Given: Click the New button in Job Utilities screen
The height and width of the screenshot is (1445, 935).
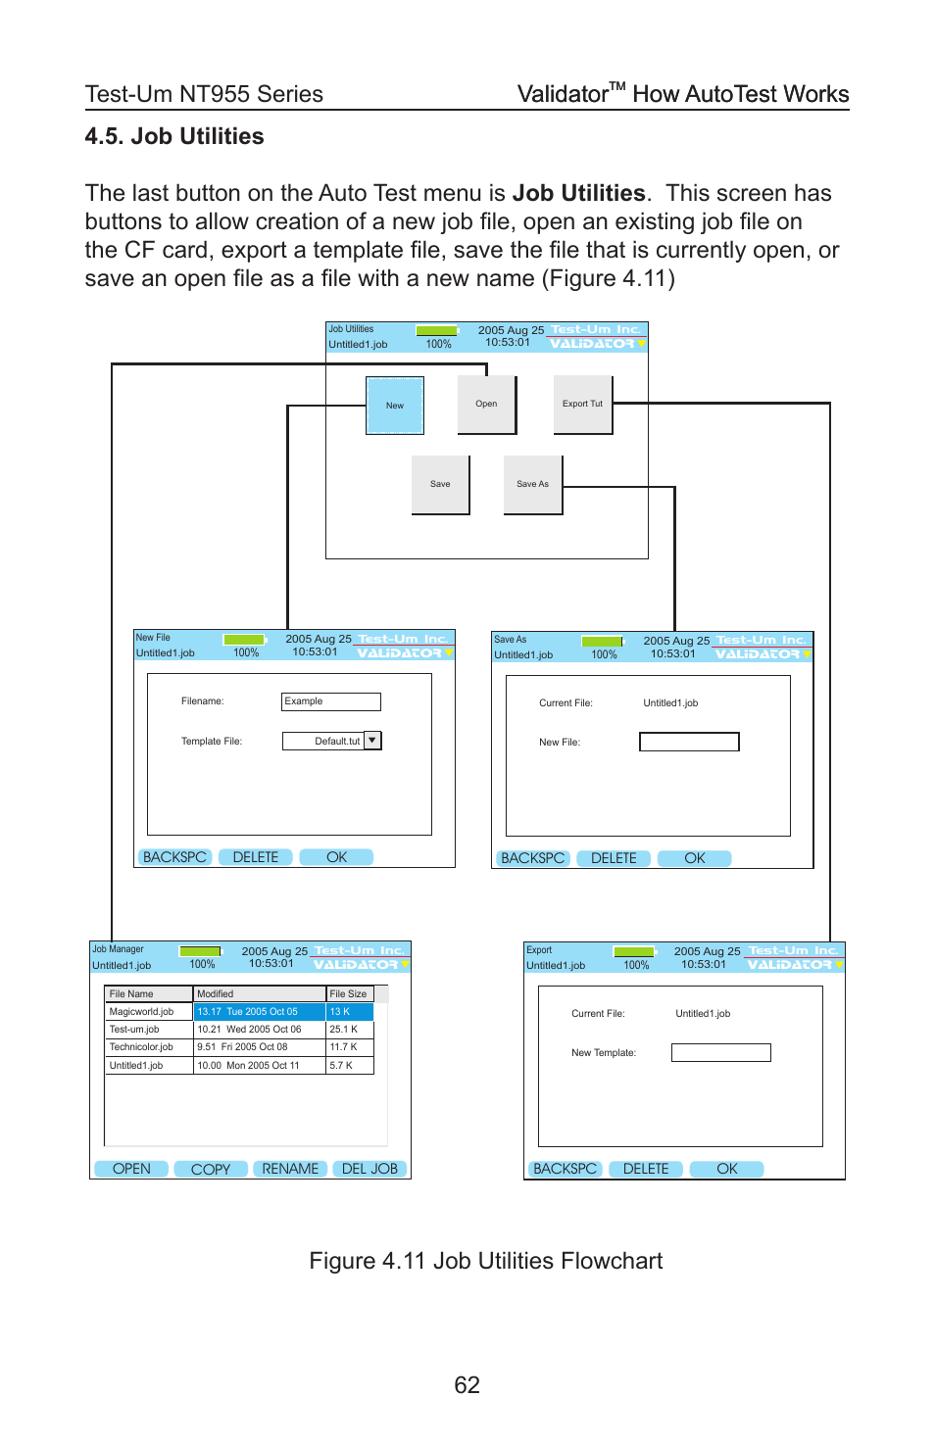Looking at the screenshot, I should coord(394,406).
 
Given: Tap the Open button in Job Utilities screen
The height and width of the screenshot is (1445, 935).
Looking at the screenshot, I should coord(486,404).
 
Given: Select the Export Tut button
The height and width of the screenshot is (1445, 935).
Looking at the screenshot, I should coord(582,404).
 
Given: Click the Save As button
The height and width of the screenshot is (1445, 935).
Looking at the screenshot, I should coord(532,484).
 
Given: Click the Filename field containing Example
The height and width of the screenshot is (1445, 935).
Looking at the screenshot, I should coord(330,701).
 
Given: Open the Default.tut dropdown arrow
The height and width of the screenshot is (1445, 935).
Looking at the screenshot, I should coord(372,741).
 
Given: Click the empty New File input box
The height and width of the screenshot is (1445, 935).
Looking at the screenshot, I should coord(689,743).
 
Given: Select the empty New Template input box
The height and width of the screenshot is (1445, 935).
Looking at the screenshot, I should coord(720,1053).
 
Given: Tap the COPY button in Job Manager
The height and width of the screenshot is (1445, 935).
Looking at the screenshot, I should coord(211,1169).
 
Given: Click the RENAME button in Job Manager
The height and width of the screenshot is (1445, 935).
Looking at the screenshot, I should coord(290,1169).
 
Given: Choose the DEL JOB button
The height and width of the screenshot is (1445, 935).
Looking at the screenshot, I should coord(369,1169).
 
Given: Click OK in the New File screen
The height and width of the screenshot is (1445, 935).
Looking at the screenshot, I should coord(336,857).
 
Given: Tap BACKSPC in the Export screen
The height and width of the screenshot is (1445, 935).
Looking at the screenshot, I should coord(566,1169).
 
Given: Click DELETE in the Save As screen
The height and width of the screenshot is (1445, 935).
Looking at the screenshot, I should coord(614,858).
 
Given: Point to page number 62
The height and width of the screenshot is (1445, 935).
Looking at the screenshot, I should coord(467,1384).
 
